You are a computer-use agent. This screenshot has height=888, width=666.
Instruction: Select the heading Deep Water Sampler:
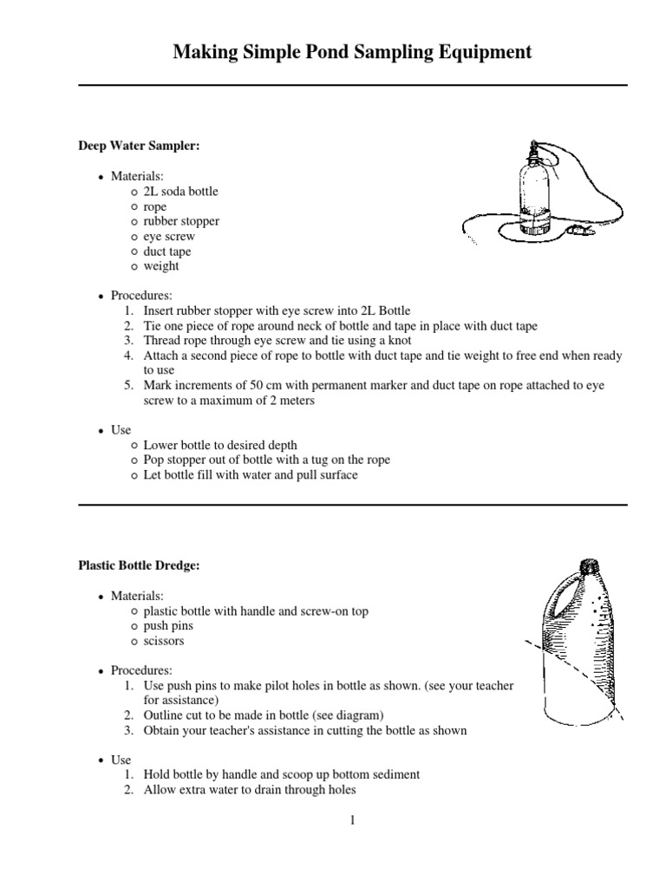[139, 147]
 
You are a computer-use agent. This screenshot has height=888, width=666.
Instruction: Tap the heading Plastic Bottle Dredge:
[139, 565]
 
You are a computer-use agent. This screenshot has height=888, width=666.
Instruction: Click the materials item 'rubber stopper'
[181, 221]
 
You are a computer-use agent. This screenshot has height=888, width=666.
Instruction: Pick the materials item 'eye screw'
[169, 236]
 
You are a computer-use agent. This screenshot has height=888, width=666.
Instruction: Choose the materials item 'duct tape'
[168, 251]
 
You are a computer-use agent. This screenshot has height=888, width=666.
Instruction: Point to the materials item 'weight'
[161, 266]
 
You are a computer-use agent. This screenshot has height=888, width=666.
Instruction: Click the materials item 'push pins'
[168, 626]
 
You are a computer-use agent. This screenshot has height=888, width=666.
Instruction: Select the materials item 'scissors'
[164, 641]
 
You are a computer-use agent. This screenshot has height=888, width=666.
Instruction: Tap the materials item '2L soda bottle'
[181, 192]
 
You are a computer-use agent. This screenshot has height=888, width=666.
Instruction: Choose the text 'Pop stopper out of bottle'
[205, 460]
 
